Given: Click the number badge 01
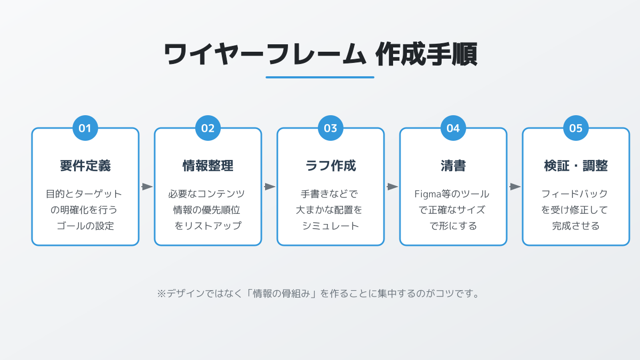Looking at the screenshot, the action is (x=85, y=128).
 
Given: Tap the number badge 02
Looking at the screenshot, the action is (x=207, y=128).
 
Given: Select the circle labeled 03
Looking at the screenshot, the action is (x=331, y=128).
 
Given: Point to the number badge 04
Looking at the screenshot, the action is (x=453, y=128).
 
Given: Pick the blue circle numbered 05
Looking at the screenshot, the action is (x=575, y=128).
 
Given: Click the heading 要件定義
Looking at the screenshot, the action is (x=85, y=166).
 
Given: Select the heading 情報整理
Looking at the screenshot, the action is (x=207, y=166).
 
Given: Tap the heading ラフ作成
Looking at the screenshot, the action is (x=331, y=166).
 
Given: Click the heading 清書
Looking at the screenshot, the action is (x=453, y=166).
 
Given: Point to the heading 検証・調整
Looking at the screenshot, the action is (x=575, y=166).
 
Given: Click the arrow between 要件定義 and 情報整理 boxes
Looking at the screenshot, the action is (x=147, y=187).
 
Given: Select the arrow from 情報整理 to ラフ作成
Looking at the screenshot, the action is (x=270, y=187).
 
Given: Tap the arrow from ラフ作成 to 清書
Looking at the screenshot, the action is (x=393, y=187).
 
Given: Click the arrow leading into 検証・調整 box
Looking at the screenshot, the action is (x=515, y=187).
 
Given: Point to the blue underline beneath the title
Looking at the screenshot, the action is (x=320, y=77).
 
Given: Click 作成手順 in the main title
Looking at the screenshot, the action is (x=426, y=54).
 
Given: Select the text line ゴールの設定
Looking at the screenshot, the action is (x=85, y=226).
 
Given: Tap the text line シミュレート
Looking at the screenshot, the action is (x=331, y=226).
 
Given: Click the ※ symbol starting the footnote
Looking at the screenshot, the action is (x=162, y=294).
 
